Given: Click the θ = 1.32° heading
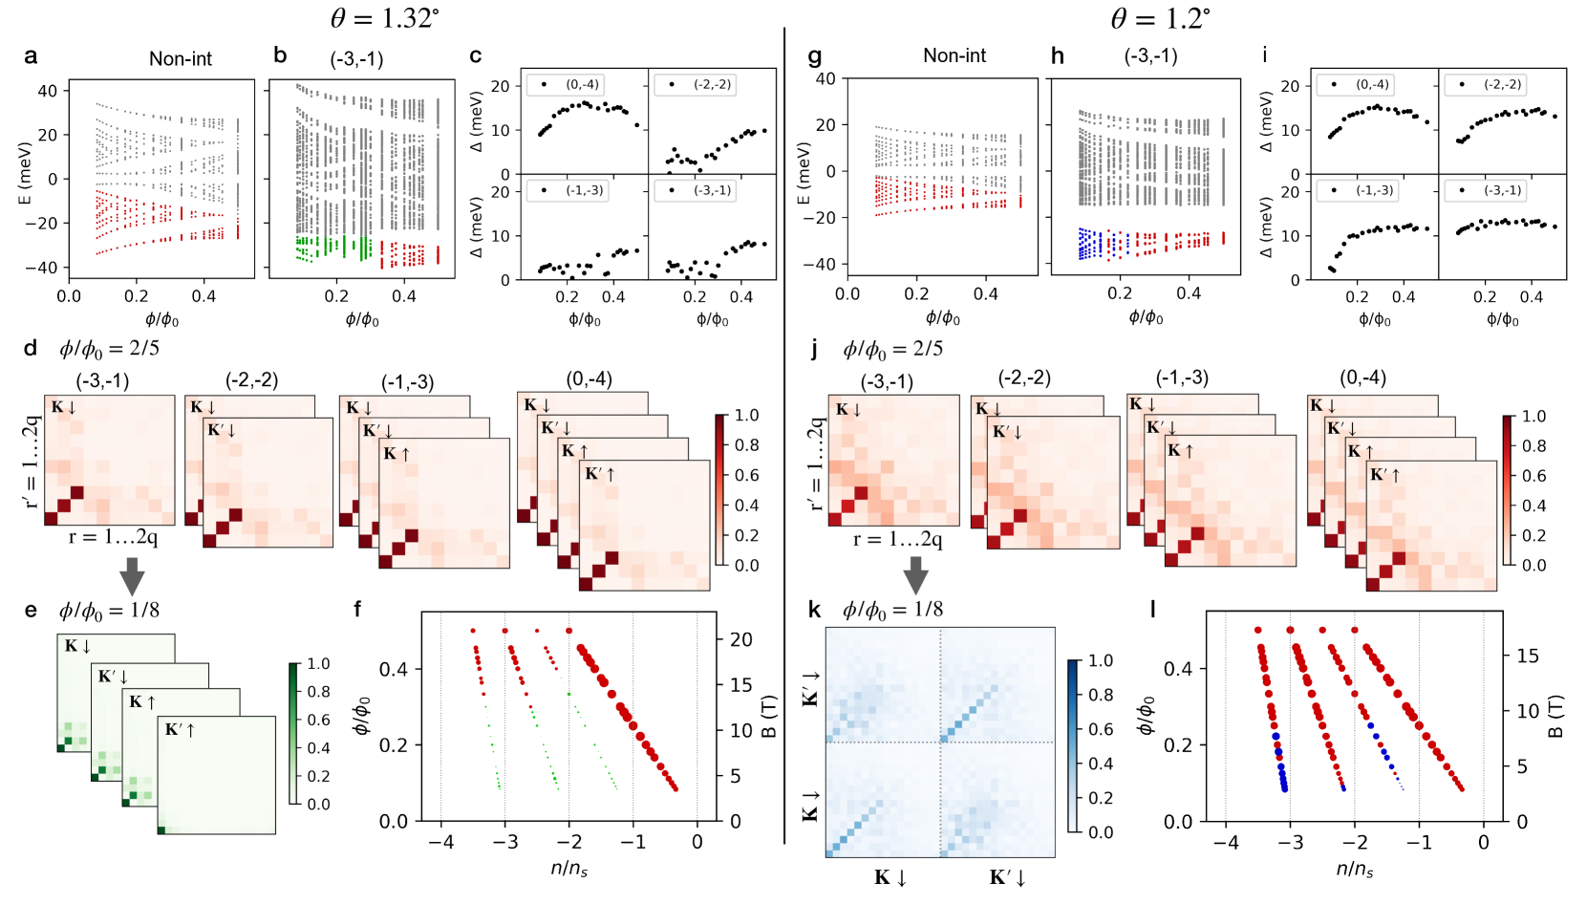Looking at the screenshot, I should click(384, 18).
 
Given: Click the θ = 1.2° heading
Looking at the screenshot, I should click(1160, 18).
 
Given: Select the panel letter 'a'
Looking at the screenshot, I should click(31, 56).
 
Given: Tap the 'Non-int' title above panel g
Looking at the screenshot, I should click(954, 56).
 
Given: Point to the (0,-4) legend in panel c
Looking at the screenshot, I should click(576, 85).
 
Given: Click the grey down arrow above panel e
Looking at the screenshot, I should click(132, 577).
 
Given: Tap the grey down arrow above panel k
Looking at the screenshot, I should click(915, 575).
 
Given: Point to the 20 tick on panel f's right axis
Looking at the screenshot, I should click(741, 640).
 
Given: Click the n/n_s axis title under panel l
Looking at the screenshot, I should click(1355, 869).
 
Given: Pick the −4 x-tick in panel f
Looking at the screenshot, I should click(440, 842).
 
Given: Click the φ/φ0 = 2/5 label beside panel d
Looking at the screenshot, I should click(109, 349).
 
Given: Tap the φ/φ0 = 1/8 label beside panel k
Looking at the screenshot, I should click(892, 610).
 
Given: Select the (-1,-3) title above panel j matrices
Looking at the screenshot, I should click(1182, 378).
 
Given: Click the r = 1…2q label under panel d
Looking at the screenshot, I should click(113, 537).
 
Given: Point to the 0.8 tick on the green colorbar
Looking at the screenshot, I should click(318, 692).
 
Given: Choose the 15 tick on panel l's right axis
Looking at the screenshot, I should click(1528, 656).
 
